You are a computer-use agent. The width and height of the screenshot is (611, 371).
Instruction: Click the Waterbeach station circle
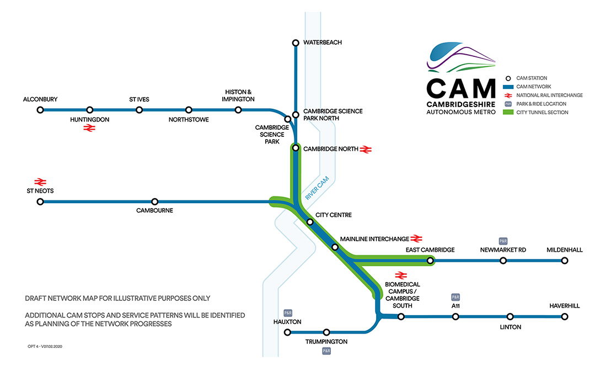pyautogui.click(x=296, y=43)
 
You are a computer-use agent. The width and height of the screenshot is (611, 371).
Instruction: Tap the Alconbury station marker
pyautogui.click(x=40, y=110)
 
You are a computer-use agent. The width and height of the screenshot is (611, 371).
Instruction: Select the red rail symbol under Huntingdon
pyautogui.click(x=89, y=128)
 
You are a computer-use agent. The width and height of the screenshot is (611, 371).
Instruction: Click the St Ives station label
pyautogui.click(x=139, y=99)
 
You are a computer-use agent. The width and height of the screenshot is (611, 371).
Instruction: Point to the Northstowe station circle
pyautogui.click(x=189, y=110)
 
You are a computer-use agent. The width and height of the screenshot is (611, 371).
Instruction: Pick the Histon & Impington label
pyautogui.click(x=238, y=96)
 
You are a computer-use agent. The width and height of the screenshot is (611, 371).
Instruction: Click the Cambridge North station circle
pyautogui.click(x=296, y=148)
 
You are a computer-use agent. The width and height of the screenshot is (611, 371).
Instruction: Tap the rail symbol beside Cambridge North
pyautogui.click(x=366, y=150)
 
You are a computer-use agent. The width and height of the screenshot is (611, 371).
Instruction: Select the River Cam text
pyautogui.click(x=317, y=188)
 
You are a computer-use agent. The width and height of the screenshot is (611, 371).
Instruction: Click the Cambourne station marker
pyautogui.click(x=155, y=202)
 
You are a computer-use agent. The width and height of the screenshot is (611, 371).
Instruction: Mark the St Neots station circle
pyautogui.click(x=40, y=202)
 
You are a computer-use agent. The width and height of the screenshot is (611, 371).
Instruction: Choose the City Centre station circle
pyautogui.click(x=310, y=222)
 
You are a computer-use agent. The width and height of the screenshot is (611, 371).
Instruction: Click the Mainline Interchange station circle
pyautogui.click(x=335, y=247)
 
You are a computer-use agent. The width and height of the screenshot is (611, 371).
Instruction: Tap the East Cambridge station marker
pyautogui.click(x=430, y=261)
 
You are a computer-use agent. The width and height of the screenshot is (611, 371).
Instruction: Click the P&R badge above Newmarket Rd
pyautogui.click(x=503, y=241)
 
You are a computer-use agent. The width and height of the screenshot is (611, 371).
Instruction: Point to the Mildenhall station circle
pyautogui.click(x=565, y=261)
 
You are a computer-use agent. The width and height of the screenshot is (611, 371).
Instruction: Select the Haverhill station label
pyautogui.click(x=565, y=306)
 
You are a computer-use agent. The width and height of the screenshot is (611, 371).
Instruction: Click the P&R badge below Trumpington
pyautogui.click(x=326, y=351)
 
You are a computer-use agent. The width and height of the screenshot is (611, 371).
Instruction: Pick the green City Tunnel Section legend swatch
pyautogui.click(x=508, y=113)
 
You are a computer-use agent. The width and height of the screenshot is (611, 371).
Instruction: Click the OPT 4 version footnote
pyautogui.click(x=45, y=346)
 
